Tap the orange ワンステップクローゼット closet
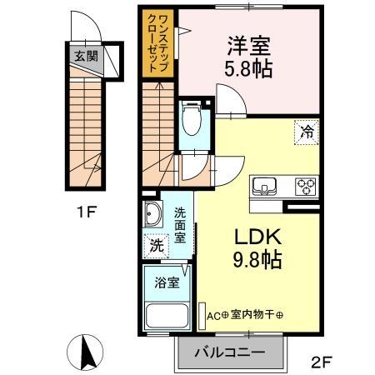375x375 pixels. [158, 46]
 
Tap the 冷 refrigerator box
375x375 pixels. [307, 130]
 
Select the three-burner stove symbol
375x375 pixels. [305, 186]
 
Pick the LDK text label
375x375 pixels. [255, 237]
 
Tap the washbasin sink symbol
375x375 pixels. [154, 216]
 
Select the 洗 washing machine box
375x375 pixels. [156, 246]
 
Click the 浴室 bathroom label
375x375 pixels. [166, 282]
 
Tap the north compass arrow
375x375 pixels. [83, 349]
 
